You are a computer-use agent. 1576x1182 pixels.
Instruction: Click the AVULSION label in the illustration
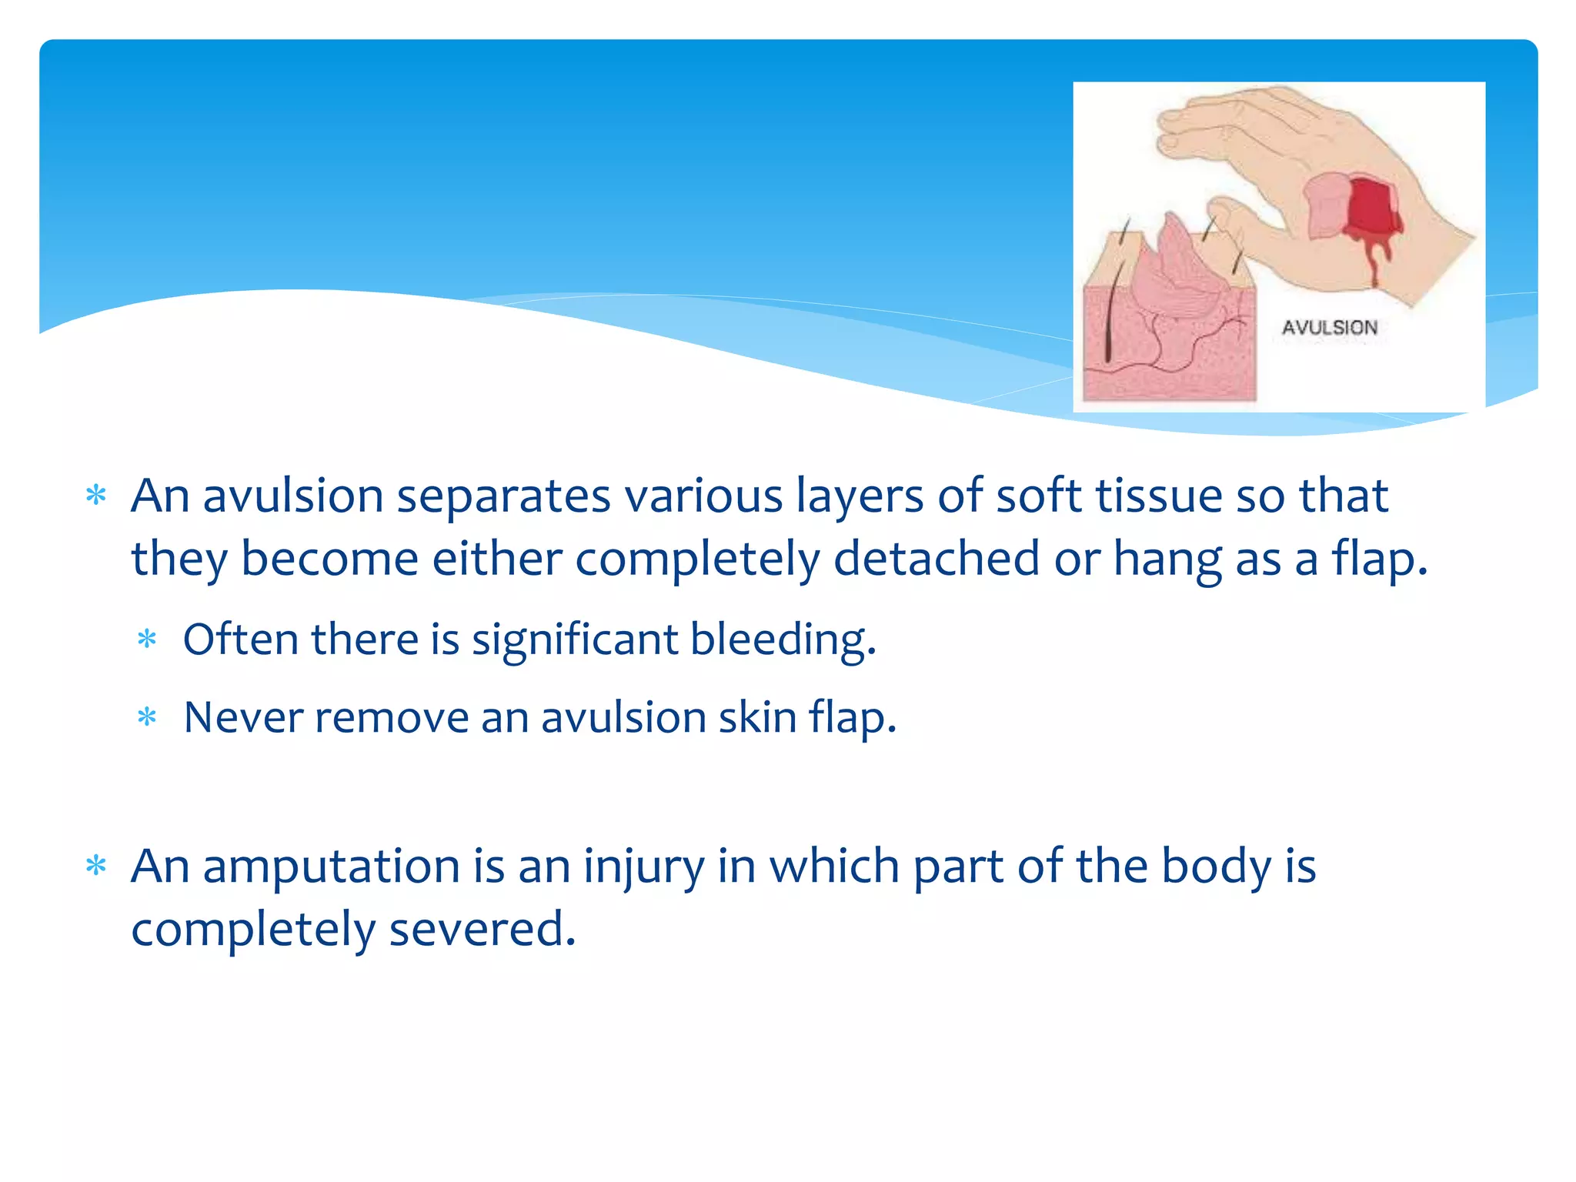(1329, 328)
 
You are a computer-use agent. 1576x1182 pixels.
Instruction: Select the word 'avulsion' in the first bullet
(293, 496)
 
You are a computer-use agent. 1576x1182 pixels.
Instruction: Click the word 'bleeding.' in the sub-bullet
(783, 639)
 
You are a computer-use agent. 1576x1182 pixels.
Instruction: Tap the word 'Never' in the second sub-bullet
(243, 718)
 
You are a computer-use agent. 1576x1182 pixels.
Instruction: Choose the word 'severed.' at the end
(482, 930)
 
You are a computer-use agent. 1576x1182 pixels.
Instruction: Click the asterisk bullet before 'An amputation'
(96, 866)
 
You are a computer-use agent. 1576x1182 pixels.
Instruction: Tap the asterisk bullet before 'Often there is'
(147, 639)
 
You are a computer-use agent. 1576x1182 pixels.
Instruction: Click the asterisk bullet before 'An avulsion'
(96, 496)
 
